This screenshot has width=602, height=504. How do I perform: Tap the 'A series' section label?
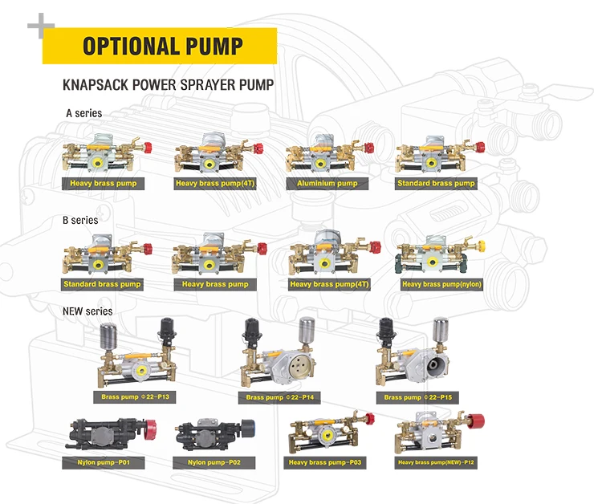(x=83, y=113)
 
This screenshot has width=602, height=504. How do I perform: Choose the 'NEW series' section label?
(x=87, y=311)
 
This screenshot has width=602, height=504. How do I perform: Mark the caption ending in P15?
(x=417, y=397)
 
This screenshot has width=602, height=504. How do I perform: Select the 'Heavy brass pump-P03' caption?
(x=327, y=462)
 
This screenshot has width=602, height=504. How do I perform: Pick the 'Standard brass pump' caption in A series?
(x=436, y=184)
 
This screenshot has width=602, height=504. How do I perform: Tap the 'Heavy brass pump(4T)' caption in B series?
(x=328, y=284)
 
